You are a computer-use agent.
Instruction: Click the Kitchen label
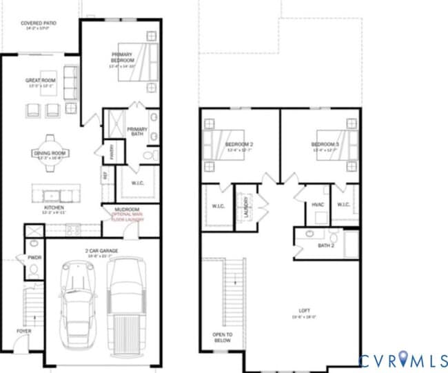(54, 208)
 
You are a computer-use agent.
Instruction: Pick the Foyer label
(24, 331)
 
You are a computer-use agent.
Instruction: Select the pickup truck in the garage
(126, 303)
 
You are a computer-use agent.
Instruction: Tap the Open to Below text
(223, 337)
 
